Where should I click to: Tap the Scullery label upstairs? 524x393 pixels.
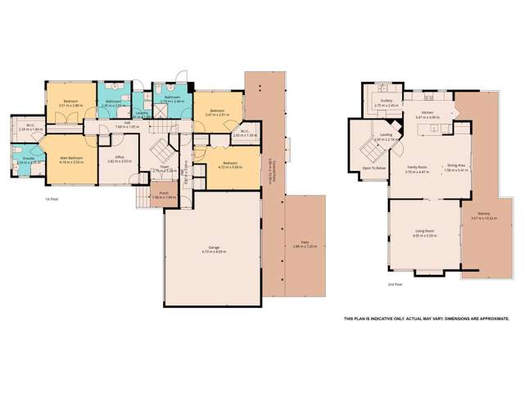[386, 102]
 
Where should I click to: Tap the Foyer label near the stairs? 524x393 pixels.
[164, 167]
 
